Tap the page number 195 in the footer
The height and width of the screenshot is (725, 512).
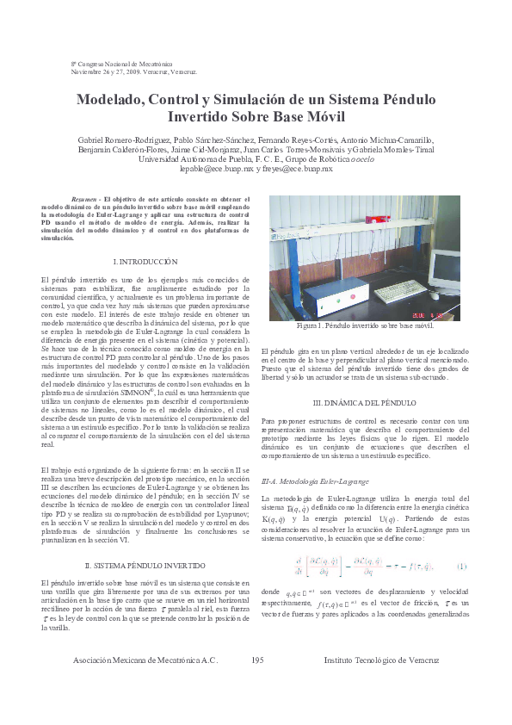[256, 685]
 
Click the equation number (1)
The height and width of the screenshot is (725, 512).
[461, 567]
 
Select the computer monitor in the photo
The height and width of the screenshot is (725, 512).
[446, 269]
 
